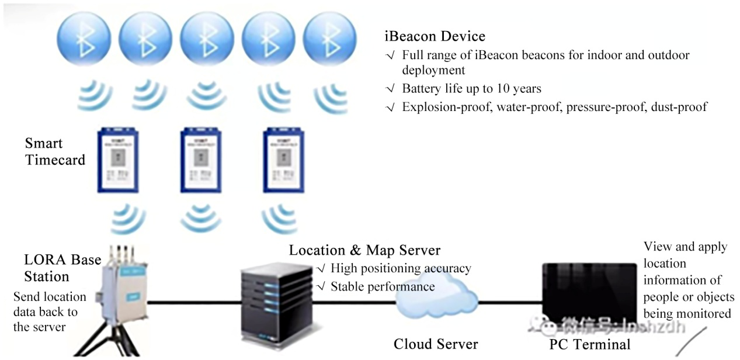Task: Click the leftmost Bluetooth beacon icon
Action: tap(84, 34)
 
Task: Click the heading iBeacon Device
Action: tap(435, 36)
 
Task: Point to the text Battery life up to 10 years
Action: tap(471, 89)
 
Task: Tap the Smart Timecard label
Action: tap(55, 151)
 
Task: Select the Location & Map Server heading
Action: tap(364, 250)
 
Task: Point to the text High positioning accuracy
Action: tap(401, 269)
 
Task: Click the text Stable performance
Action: tap(383, 286)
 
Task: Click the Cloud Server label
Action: tap(435, 344)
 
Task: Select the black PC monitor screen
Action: tap(589, 291)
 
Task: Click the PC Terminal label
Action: tap(590, 344)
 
